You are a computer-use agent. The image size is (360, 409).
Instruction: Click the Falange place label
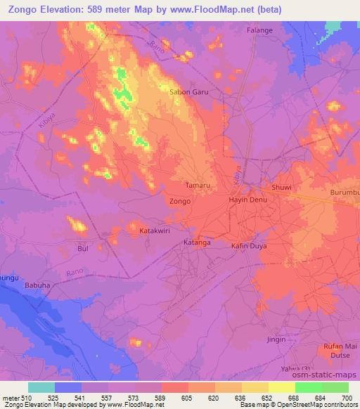[x=259, y=31]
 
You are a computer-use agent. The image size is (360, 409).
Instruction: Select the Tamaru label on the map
[x=197, y=185]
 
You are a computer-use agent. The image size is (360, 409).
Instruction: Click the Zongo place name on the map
[x=180, y=201]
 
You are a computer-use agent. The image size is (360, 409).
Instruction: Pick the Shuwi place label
[x=281, y=188]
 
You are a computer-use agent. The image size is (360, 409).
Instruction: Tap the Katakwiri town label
[x=155, y=231]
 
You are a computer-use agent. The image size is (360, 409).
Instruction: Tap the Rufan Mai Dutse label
[x=336, y=349]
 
